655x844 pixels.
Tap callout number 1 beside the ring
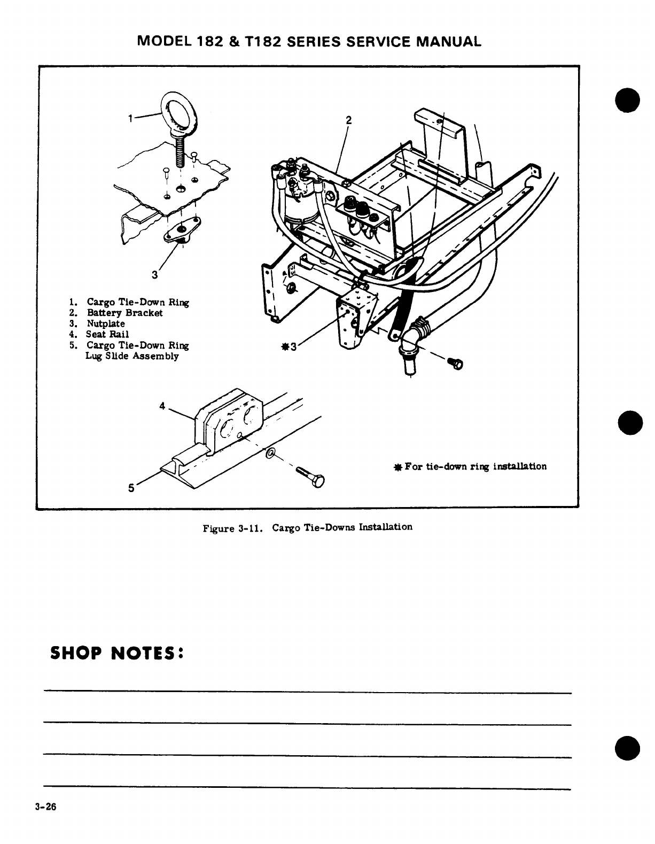coord(130,119)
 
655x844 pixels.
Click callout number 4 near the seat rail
coord(162,405)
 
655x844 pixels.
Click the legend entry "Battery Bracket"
coord(124,313)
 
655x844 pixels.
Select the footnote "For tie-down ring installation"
coord(475,466)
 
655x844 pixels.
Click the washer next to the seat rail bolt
coord(271,454)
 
